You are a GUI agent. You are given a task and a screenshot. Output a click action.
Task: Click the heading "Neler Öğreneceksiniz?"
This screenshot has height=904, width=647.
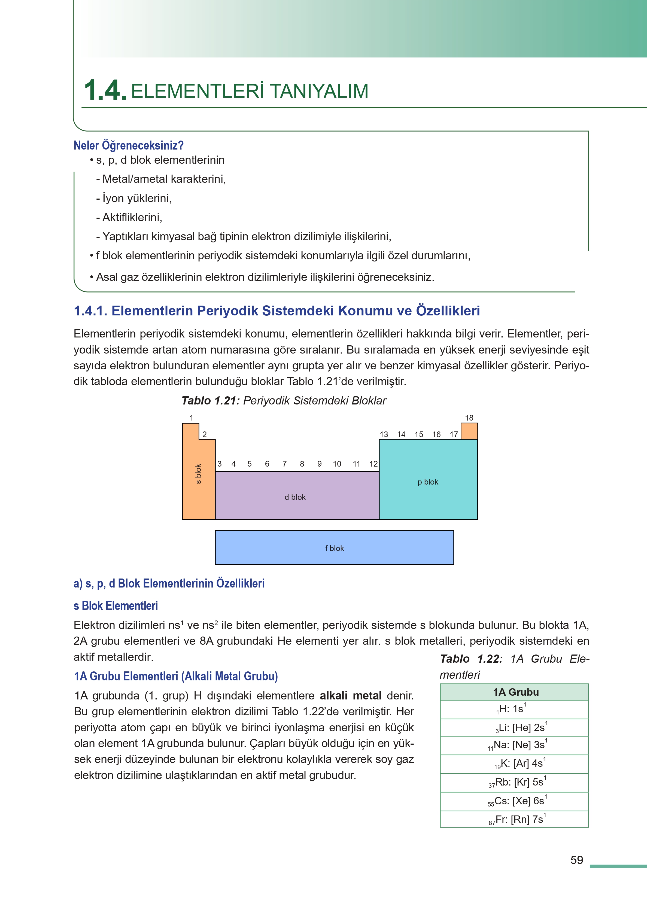coord(128,145)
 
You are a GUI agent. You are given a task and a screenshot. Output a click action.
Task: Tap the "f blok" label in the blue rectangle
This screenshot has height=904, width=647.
coord(334,548)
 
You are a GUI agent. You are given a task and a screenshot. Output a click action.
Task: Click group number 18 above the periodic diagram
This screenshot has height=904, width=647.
coord(469,418)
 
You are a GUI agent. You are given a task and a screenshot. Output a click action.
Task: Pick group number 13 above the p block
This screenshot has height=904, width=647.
coord(384,434)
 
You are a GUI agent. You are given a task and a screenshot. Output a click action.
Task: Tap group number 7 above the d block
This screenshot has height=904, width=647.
coord(284,464)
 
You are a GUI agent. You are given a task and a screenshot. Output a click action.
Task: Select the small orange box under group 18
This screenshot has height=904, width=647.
coord(469,431)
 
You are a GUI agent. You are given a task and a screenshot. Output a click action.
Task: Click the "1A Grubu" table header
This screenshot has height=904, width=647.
coord(514,692)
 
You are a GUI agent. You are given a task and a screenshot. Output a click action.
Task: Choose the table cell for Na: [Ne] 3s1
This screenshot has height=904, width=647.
coord(514,745)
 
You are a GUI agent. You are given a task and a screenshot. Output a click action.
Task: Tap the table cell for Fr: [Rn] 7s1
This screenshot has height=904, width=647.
coord(514,819)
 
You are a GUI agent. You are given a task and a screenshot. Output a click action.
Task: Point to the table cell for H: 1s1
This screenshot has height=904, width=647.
coord(514,709)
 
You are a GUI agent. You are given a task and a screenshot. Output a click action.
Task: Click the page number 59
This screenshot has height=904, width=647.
coord(576,860)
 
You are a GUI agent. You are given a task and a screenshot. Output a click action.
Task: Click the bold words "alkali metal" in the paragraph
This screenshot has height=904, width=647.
coord(351,696)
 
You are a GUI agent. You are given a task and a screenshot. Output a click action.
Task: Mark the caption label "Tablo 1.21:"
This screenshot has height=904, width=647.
coord(210,401)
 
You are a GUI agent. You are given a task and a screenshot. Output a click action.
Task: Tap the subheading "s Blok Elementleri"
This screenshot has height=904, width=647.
coord(116,606)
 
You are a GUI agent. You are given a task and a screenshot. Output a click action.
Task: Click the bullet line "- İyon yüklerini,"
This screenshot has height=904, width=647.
coord(134,198)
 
